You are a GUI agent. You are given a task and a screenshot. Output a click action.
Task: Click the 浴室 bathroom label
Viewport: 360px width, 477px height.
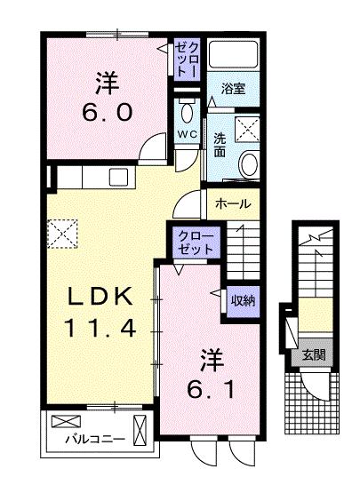coord(233,89)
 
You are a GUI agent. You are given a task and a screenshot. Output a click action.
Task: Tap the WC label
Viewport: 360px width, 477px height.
coord(188,134)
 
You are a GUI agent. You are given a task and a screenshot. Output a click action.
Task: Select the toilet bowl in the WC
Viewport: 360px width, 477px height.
coord(187,111)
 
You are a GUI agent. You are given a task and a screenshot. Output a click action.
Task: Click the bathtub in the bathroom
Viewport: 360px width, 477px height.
coord(234,54)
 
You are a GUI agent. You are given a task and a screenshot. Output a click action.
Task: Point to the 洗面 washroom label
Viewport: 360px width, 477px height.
coord(220,145)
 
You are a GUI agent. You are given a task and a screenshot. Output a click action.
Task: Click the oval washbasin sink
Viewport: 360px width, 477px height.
coord(249,164)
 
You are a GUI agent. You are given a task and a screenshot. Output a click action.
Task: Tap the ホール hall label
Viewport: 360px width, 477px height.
coord(233,203)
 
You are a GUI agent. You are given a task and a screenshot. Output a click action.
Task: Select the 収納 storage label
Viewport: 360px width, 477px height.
coord(244,301)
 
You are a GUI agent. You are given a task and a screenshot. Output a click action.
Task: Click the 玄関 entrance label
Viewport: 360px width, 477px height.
coord(314,355)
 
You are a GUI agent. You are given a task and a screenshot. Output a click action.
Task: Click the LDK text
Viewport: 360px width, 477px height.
coord(100,296)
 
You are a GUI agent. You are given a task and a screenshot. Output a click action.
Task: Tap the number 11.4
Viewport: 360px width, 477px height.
coord(100,328)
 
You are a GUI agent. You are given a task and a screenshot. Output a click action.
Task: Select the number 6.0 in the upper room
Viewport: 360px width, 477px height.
coord(108,112)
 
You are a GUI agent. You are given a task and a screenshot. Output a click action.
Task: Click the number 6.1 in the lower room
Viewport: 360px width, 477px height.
coord(211,389)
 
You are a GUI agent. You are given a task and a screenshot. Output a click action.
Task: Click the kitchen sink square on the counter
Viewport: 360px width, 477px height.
coord(119,177)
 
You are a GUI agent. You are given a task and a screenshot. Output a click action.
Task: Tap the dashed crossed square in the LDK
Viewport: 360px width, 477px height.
coord(63,234)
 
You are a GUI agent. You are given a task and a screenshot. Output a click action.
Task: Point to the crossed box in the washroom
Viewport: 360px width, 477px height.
coord(248,130)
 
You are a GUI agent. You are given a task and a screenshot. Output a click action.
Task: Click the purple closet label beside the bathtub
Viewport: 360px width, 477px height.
coord(188,60)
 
